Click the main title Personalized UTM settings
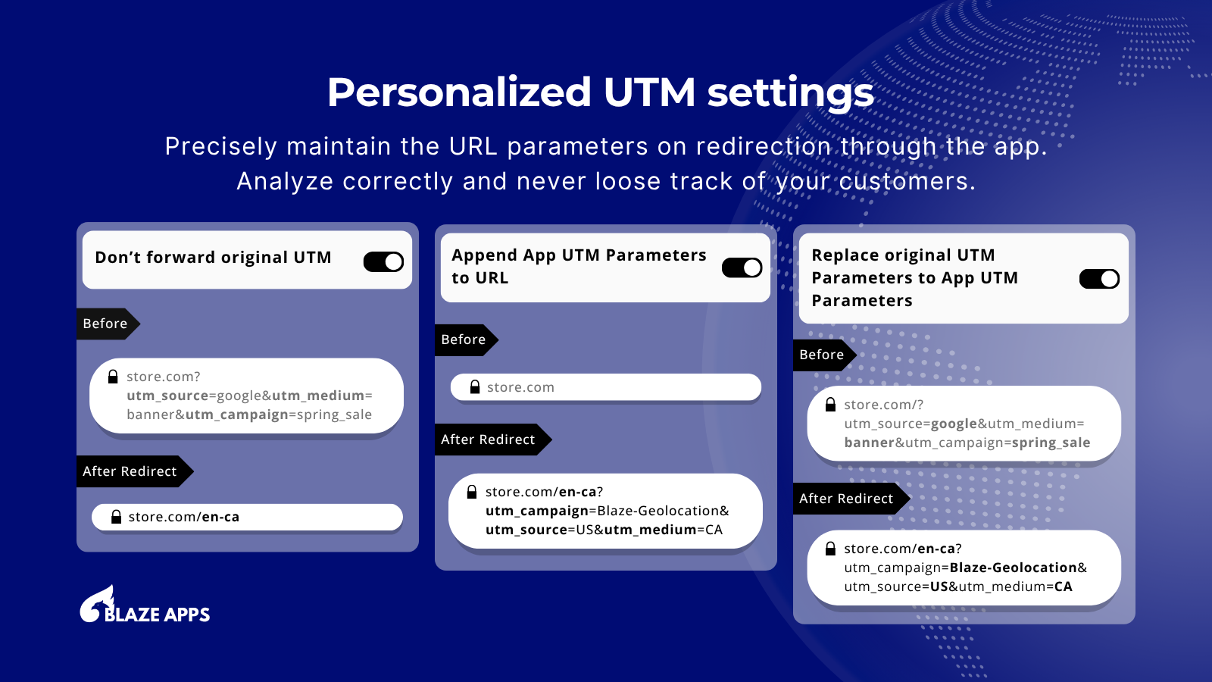coord(601,93)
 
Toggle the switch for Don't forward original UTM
coord(383,262)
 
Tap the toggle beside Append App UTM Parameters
coord(742,267)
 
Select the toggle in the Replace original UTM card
coord(1099,279)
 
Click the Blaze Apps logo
coord(145,605)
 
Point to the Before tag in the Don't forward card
coord(108,324)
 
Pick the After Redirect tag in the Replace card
coord(851,499)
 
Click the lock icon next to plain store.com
coord(475,387)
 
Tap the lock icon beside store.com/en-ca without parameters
coord(116,517)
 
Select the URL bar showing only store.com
coord(606,387)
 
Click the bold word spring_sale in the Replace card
coord(1051,443)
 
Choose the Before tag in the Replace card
coord(824,355)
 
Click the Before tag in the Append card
coord(466,340)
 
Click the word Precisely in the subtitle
coord(220,147)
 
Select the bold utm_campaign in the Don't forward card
coord(237,415)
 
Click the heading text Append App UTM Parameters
coord(579,255)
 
